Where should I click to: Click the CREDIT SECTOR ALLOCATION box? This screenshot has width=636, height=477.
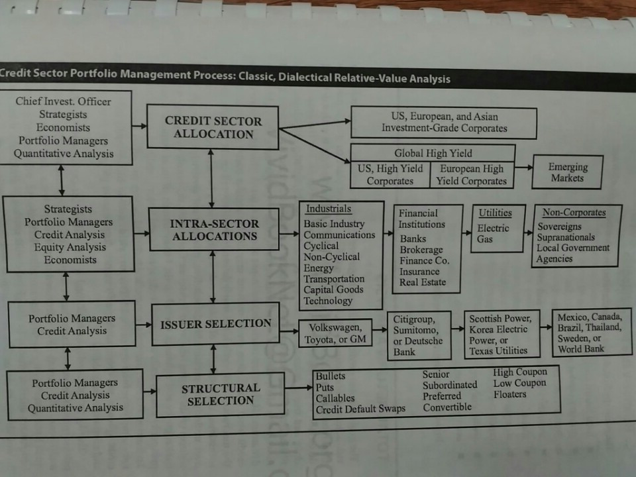pos(213,127)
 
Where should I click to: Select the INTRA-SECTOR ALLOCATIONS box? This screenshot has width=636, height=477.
pos(214,229)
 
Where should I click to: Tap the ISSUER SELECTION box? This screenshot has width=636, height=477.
pos(215,324)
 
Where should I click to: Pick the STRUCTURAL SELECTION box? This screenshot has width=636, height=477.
pos(220,395)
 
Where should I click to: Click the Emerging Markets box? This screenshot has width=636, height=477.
pos(567,172)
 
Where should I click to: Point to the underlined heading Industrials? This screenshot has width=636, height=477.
pos(329,209)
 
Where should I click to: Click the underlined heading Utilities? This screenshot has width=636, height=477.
pos(496,213)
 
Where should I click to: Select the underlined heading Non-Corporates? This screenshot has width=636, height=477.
pos(574,213)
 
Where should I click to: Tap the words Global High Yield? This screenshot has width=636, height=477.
pos(433,153)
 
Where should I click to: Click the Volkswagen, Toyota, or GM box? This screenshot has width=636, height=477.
pos(335,333)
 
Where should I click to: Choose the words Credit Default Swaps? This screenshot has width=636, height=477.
pos(360,409)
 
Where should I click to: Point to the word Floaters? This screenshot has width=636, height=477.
pos(510,394)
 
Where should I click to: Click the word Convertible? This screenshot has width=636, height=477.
pos(447,407)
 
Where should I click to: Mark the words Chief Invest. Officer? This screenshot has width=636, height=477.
pos(64,101)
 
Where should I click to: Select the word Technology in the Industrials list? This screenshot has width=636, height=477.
pos(328,301)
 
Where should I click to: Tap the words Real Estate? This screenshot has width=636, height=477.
pos(422,282)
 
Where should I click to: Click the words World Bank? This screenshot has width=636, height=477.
pos(581,349)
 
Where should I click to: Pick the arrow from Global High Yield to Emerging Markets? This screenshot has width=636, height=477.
pos(523,167)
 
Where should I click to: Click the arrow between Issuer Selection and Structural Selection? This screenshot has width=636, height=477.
pos(213,359)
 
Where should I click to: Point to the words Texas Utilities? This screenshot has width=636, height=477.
pos(498,351)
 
